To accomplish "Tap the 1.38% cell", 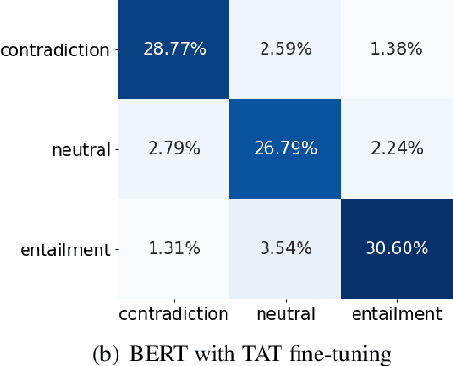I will (x=395, y=47).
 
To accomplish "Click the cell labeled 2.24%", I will (x=395, y=148).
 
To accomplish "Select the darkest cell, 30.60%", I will (x=395, y=249).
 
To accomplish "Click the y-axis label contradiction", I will (x=55, y=48).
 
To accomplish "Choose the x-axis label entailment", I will (x=395, y=312).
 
